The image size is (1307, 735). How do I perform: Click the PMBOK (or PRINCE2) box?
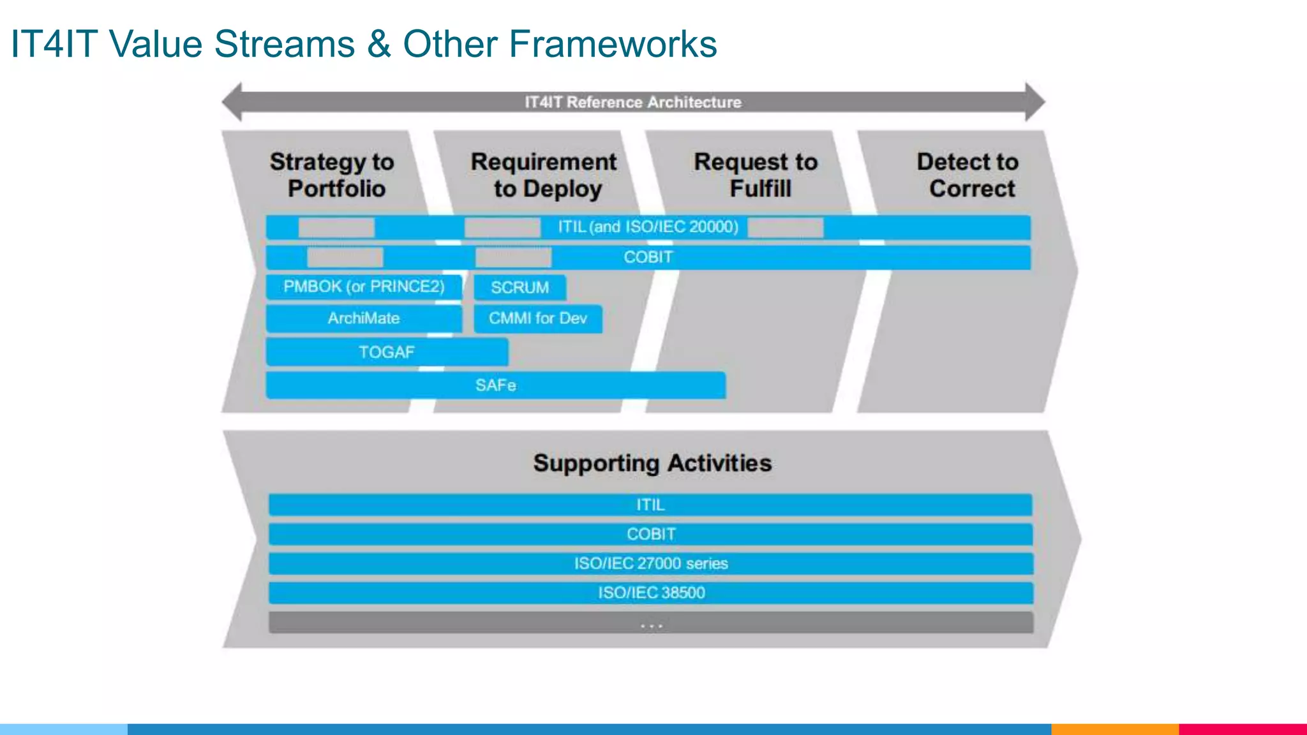pyautogui.click(x=364, y=286)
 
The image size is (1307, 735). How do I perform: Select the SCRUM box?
pyautogui.click(x=519, y=288)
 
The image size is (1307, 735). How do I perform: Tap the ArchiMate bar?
pyautogui.click(x=364, y=318)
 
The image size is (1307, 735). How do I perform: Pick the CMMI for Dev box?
pyautogui.click(x=537, y=318)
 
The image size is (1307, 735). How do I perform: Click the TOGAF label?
pyautogui.click(x=387, y=352)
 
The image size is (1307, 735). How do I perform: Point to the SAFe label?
pyautogui.click(x=495, y=385)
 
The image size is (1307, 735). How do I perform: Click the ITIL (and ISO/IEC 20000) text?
pyautogui.click(x=648, y=227)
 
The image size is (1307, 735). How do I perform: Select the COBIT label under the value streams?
pyautogui.click(x=648, y=257)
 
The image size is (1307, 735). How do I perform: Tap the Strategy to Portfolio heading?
pyautogui.click(x=332, y=175)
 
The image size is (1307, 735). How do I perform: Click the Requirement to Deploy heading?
pyautogui.click(x=544, y=175)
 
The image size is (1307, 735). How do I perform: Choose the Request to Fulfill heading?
pyautogui.click(x=756, y=175)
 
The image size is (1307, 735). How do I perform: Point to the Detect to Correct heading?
pyautogui.click(x=968, y=175)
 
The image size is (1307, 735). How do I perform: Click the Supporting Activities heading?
pyautogui.click(x=652, y=463)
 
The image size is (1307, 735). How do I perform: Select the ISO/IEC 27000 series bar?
pyautogui.click(x=650, y=563)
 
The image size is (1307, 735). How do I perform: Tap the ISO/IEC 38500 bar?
pyautogui.click(x=650, y=593)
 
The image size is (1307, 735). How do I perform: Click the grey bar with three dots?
pyautogui.click(x=650, y=623)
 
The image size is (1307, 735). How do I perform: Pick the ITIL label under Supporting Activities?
pyautogui.click(x=650, y=505)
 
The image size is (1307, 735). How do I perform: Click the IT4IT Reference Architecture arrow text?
pyautogui.click(x=633, y=102)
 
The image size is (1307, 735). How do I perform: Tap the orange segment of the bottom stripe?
pyautogui.click(x=1114, y=729)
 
